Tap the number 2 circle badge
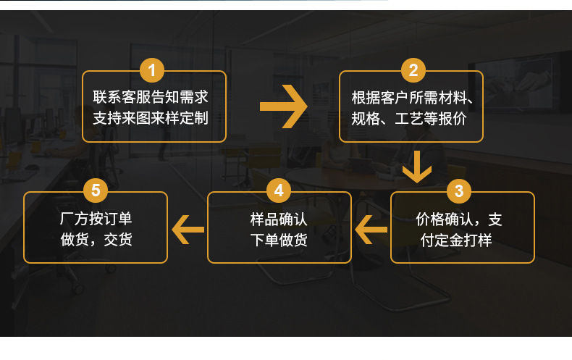click(x=413, y=70)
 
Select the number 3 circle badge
click(x=459, y=191)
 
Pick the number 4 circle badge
click(x=279, y=191)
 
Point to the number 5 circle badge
click(x=96, y=191)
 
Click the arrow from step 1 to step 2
click(x=284, y=106)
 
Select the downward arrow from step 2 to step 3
click(x=417, y=167)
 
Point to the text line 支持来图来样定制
click(x=151, y=117)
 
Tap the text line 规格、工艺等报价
click(x=408, y=117)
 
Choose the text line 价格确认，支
click(x=459, y=219)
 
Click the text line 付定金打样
click(x=456, y=240)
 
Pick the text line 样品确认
click(x=279, y=219)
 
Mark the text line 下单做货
click(x=279, y=240)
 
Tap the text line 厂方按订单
click(x=96, y=219)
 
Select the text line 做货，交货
click(x=96, y=240)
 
